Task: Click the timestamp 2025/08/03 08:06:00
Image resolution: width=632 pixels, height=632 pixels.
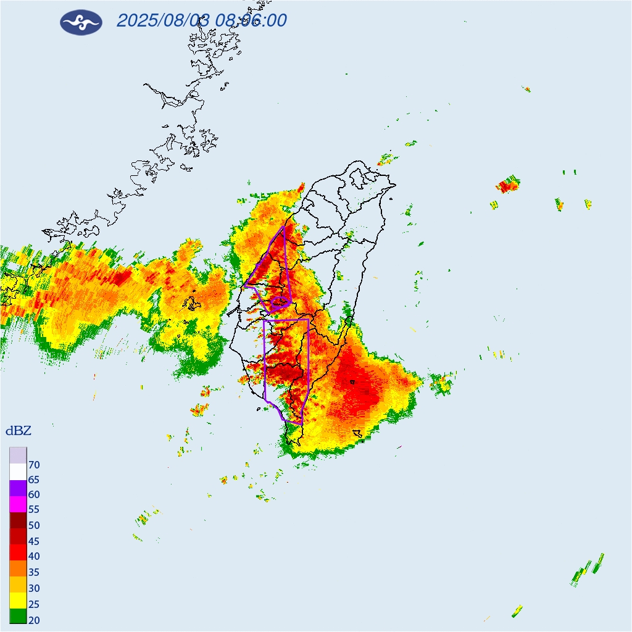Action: click(x=201, y=20)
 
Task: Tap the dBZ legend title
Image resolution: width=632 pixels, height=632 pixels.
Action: click(x=18, y=431)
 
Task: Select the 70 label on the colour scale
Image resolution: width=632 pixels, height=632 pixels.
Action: click(x=34, y=465)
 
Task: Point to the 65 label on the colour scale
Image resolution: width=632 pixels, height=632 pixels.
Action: click(x=34, y=480)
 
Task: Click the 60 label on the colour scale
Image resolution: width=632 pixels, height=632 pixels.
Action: click(x=34, y=495)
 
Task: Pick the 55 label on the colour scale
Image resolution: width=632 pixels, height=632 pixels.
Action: click(x=34, y=510)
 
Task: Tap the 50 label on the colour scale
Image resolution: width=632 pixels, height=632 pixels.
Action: click(x=34, y=526)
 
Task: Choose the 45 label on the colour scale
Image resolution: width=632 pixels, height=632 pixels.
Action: click(x=34, y=541)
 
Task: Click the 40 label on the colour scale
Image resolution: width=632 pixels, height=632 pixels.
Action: click(x=34, y=557)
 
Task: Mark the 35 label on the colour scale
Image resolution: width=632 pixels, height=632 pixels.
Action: click(x=34, y=572)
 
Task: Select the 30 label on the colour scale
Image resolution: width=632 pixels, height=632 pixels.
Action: click(x=34, y=588)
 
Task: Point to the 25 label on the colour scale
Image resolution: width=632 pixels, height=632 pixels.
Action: click(x=34, y=604)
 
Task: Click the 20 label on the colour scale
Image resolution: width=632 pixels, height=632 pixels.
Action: click(x=34, y=620)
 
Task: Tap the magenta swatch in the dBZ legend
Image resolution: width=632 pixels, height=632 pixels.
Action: click(x=18, y=504)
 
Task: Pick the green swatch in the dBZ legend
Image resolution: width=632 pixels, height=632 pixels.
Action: click(x=18, y=616)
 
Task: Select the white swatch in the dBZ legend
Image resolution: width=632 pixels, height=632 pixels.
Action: click(x=18, y=472)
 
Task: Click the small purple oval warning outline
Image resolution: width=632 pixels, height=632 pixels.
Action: click(x=280, y=302)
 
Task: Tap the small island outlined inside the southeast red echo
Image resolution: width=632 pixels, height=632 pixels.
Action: click(x=352, y=382)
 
